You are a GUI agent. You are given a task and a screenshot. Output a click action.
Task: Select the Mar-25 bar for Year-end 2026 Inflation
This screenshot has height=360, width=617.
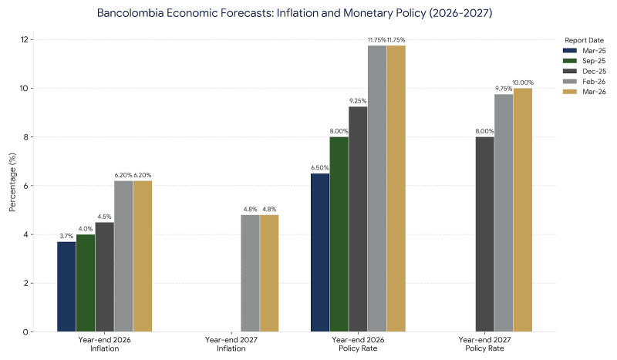coord(66,287)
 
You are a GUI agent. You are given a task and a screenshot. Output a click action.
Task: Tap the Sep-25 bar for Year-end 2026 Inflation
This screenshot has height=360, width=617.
coord(86,283)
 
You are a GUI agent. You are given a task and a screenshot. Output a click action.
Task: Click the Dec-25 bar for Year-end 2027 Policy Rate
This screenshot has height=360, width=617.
coord(484,234)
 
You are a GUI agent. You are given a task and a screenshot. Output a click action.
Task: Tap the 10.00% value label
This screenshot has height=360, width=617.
coord(522,82)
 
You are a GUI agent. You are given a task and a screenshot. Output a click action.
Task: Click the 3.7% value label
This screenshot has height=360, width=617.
coord(66,236)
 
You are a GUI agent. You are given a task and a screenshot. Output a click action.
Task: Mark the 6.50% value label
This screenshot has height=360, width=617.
coord(320,167)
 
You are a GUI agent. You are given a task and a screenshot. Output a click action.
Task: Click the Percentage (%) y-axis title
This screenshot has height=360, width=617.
coord(11,185)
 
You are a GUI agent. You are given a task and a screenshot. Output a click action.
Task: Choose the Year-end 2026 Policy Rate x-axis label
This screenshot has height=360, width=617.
coord(358,343)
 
